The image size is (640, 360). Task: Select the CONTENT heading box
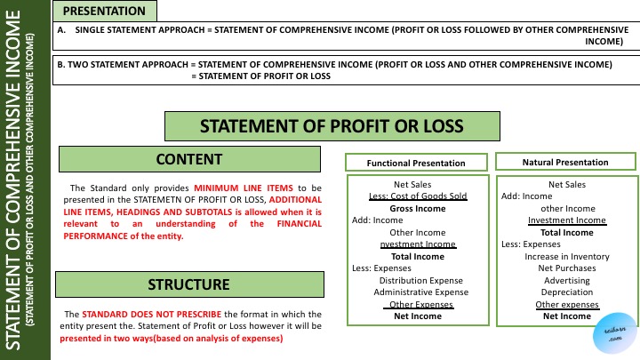[188, 160]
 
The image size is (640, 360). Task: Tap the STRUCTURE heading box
[188, 284]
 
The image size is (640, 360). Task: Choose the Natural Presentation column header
[566, 163]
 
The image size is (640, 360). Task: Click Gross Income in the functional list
[417, 208]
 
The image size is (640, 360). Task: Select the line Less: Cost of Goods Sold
[417, 196]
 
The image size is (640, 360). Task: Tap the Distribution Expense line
[417, 280]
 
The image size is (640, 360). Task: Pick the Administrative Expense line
[417, 292]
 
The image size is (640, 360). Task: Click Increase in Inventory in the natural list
[566, 256]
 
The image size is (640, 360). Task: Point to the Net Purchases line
[566, 268]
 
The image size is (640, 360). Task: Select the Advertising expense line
[566, 280]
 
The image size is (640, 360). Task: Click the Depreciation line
[566, 292]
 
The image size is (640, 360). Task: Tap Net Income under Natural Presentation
[566, 316]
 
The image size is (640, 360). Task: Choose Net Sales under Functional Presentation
[417, 185]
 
